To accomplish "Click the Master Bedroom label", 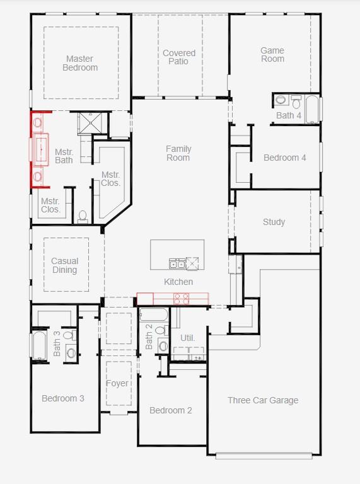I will point(80,63).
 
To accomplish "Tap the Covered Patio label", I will point(179,57).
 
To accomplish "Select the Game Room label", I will point(272,55).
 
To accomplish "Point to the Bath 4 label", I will point(289,115).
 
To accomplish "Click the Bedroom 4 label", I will point(285,158).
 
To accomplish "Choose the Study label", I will point(274,222).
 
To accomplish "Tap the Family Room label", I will point(178,153).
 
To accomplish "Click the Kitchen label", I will point(178,282).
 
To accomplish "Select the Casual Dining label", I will point(65,265).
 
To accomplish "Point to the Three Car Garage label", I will point(263,400).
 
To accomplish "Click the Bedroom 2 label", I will point(171,410).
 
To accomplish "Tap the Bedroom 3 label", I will point(63,398).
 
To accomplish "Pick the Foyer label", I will point(117,383).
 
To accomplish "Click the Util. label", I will point(188,338).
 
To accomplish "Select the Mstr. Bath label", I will point(64,156).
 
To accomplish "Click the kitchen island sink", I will point(177,263).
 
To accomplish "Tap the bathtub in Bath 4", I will point(311,108).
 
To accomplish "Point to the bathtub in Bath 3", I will point(40,345).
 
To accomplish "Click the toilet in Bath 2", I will point(160,330).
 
